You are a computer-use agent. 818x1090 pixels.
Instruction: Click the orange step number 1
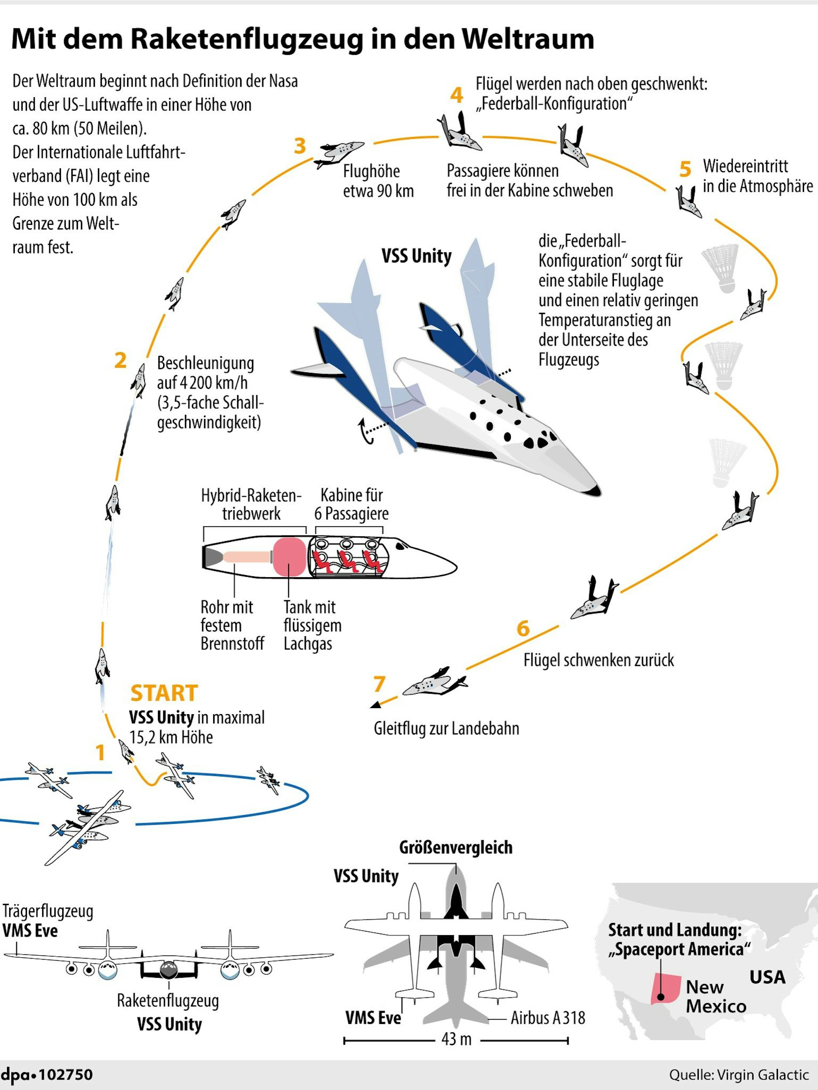point(100,752)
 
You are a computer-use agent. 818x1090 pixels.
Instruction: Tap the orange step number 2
point(121,361)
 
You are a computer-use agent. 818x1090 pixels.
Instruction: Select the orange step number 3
point(300,146)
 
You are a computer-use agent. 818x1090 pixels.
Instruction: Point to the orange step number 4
point(456,95)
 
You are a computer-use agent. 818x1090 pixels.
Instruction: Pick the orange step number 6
point(523,629)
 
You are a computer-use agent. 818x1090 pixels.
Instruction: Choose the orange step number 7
point(379,684)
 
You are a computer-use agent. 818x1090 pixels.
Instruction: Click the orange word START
point(164,693)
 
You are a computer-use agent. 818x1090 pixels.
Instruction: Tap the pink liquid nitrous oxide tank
point(289,557)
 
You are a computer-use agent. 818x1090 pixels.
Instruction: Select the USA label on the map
point(767,977)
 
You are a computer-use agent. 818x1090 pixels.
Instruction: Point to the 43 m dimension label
point(456,1040)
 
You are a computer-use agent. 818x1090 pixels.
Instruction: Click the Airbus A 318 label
point(547,1017)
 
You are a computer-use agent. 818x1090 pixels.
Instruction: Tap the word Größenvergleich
point(456,848)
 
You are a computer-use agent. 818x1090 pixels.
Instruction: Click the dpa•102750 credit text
point(47,1074)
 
